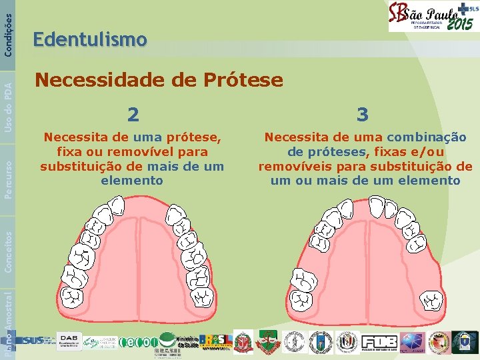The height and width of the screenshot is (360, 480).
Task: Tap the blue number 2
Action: pos(133,115)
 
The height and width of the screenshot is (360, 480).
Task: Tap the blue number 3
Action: pos(363,115)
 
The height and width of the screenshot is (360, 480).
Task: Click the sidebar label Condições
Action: pos(7,27)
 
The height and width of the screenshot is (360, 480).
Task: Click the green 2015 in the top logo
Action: pos(460,25)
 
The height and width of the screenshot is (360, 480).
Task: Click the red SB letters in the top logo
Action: pos(399,15)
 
